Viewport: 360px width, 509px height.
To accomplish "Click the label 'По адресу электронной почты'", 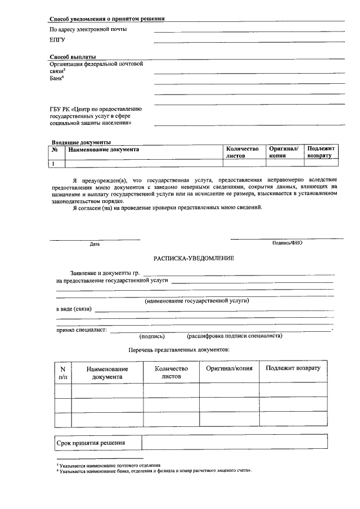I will pyautogui.click(x=88, y=29).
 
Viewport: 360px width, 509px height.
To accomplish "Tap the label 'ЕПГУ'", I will pyautogui.click(x=57, y=40).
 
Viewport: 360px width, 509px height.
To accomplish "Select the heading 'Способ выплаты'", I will pyautogui.click(x=73, y=57).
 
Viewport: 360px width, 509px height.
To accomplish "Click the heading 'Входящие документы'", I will pyautogui.click(x=81, y=142).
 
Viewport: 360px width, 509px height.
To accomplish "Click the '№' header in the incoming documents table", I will pyautogui.click(x=56, y=150).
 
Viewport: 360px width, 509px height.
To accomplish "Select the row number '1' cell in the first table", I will pyautogui.click(x=54, y=164).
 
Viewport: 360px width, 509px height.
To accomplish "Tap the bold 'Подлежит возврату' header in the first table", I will pyautogui.click(x=321, y=152).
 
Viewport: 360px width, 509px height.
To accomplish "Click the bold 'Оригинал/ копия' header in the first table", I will pyautogui.click(x=283, y=152).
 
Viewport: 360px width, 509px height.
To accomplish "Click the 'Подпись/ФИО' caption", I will pyautogui.click(x=287, y=243).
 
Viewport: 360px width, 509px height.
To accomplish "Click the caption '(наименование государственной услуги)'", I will pyautogui.click(x=197, y=300).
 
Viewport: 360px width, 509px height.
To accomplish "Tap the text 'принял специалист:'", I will pyautogui.click(x=82, y=330).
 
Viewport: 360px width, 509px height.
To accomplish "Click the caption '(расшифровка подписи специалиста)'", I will pyautogui.click(x=235, y=336).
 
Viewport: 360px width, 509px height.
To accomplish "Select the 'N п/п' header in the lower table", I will pyautogui.click(x=62, y=372).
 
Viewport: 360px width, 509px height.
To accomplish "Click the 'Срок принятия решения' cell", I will pyautogui.click(x=91, y=443).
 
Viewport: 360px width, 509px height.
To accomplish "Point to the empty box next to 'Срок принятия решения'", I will pyautogui.click(x=235, y=443).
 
